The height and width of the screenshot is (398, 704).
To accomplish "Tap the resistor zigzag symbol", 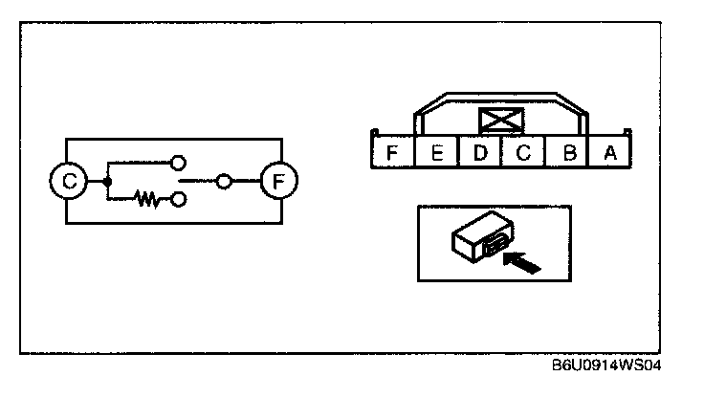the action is point(148,199).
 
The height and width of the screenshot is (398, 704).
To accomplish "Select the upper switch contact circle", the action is point(177,161).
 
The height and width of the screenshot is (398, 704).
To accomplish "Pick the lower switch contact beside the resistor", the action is point(177,199).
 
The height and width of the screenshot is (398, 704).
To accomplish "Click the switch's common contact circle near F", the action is point(224,180).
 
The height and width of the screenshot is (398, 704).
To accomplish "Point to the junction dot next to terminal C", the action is point(107,180).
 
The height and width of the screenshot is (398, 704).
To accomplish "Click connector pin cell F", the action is point(390,153).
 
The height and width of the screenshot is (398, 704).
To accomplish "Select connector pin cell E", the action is point(435,153).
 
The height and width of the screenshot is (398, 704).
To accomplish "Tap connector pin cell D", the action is point(480,153).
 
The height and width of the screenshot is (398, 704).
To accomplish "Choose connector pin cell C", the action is point(523,153).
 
